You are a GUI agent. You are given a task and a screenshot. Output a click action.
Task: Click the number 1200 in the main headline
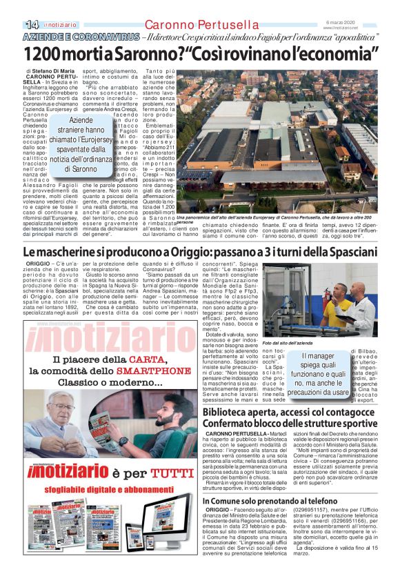[43, 53]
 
